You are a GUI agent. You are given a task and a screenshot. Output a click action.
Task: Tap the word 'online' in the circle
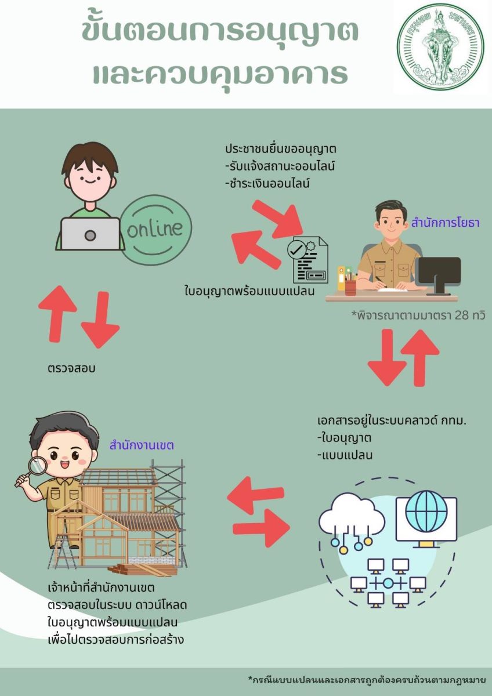click(154, 229)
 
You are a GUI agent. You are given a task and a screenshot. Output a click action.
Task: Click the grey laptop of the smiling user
click(90, 234)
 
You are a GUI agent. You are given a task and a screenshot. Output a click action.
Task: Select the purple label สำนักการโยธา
click(445, 223)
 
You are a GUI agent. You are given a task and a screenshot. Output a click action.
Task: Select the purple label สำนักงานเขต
click(142, 446)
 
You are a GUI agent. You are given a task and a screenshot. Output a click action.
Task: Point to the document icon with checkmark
click(307, 259)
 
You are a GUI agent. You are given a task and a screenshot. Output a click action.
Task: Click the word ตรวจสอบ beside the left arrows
click(71, 368)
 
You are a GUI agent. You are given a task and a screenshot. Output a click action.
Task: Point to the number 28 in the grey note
click(462, 316)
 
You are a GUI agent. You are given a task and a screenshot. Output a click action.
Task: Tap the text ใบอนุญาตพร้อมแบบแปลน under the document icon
click(249, 291)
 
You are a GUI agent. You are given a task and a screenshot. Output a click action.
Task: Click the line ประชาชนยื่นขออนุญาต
click(281, 149)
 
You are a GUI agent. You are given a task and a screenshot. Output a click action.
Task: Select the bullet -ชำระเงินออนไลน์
click(267, 184)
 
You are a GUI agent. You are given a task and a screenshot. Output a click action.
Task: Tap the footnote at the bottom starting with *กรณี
click(367, 680)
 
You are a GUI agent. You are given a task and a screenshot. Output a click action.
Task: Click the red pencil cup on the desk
click(350, 287)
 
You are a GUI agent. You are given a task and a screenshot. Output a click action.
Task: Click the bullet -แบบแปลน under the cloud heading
click(345, 455)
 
